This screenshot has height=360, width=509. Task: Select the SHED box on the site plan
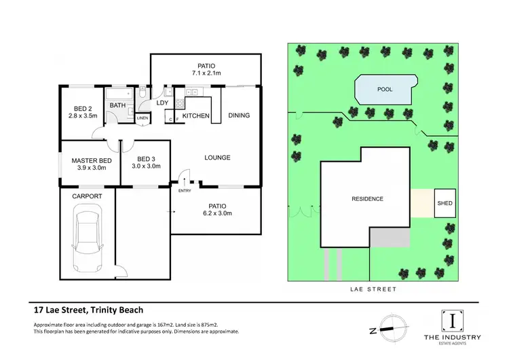click(445, 203)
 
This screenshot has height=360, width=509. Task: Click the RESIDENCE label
click(367, 199)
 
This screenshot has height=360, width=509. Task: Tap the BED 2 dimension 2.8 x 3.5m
click(83, 116)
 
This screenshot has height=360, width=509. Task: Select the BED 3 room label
click(146, 158)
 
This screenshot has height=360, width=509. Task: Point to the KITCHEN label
click(195, 116)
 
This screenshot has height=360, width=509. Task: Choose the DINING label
click(239, 115)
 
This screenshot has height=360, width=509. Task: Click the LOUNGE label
click(218, 158)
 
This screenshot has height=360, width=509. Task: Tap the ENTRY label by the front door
click(185, 191)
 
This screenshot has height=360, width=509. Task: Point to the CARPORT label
click(87, 196)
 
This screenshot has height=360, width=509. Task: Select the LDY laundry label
click(163, 103)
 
